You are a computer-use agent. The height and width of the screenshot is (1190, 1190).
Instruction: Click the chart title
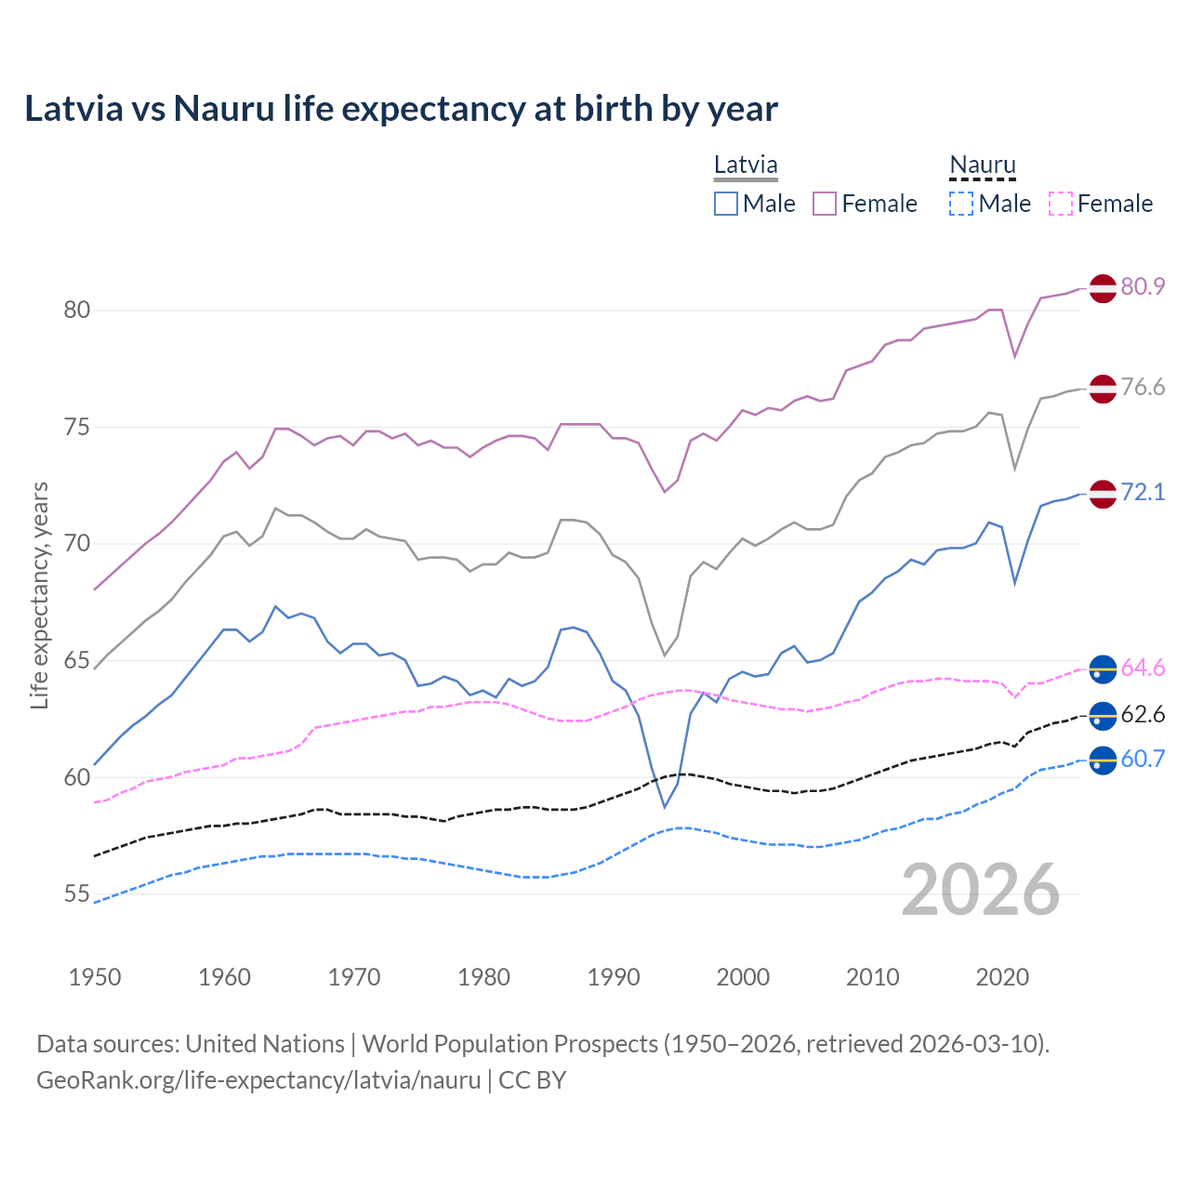(x=401, y=109)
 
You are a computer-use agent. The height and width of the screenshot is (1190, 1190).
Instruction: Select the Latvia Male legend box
(x=726, y=204)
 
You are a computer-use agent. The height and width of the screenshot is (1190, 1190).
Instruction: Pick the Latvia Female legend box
(x=825, y=204)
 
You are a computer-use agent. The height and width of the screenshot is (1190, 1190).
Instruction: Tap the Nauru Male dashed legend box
(x=961, y=204)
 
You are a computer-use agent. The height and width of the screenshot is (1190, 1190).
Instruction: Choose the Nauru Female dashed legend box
(x=1060, y=204)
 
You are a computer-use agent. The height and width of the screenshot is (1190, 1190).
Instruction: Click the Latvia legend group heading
(x=746, y=165)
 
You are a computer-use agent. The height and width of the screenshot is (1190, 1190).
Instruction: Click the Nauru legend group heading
(x=983, y=165)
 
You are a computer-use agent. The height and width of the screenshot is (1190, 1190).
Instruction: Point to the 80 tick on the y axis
(x=77, y=311)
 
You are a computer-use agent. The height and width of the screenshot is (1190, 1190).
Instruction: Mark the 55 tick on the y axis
(x=77, y=894)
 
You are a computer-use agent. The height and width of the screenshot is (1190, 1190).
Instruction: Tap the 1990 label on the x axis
(x=614, y=977)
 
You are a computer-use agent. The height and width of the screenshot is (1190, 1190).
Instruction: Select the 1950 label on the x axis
(x=95, y=977)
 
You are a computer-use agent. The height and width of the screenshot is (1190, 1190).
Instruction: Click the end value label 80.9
(x=1143, y=286)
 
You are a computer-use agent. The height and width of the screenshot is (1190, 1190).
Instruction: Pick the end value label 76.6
(x=1143, y=387)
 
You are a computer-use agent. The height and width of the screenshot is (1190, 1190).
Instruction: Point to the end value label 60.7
(x=1143, y=759)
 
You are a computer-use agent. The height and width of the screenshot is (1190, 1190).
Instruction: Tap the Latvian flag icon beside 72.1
(x=1103, y=494)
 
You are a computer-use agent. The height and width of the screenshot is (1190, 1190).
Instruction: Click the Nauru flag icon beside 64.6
(x=1103, y=668)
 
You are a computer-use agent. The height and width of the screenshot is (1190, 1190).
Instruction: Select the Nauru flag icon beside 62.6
(x=1103, y=716)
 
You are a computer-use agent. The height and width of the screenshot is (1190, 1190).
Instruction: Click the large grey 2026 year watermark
(x=981, y=891)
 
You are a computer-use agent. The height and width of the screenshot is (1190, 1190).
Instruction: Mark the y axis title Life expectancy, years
(x=39, y=595)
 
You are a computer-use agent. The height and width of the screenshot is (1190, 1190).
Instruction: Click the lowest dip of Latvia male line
(x=665, y=806)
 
